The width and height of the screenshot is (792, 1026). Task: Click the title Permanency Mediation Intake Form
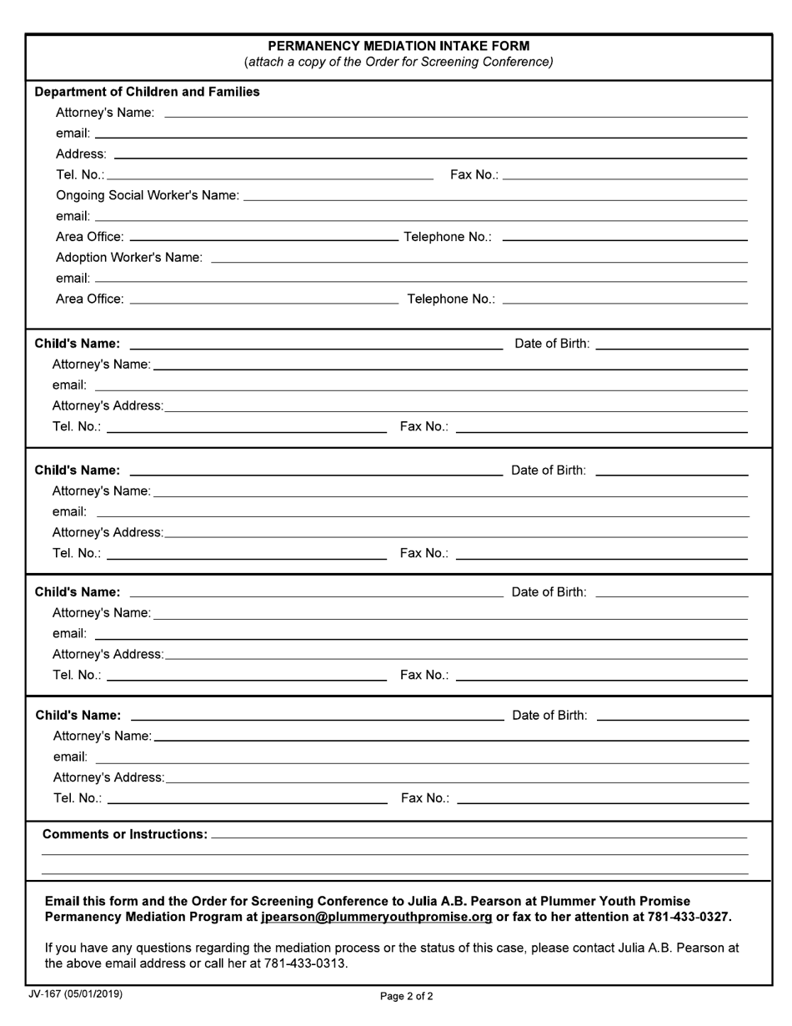pyautogui.click(x=399, y=46)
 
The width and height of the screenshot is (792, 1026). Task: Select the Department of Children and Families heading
pyautogui.click(x=147, y=92)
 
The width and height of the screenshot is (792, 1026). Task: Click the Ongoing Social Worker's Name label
pyautogui.click(x=147, y=195)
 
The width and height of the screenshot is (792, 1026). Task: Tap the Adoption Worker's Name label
pyautogui.click(x=128, y=258)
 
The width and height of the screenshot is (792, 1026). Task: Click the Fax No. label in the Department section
pyautogui.click(x=474, y=174)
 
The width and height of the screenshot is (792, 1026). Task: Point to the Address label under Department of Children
pyautogui.click(x=81, y=154)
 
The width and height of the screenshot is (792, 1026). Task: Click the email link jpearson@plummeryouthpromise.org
pyautogui.click(x=376, y=917)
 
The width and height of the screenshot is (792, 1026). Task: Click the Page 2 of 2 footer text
pyautogui.click(x=406, y=996)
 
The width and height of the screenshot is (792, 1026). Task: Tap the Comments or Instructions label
pyautogui.click(x=124, y=834)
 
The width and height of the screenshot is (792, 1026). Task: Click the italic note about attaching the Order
pyautogui.click(x=399, y=62)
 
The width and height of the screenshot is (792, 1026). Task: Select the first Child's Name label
pyautogui.click(x=77, y=344)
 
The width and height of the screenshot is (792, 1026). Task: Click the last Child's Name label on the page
pyautogui.click(x=78, y=716)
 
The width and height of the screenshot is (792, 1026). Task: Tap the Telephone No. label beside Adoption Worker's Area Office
pyautogui.click(x=450, y=299)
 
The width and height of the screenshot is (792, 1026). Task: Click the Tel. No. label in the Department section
pyautogui.click(x=80, y=174)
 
